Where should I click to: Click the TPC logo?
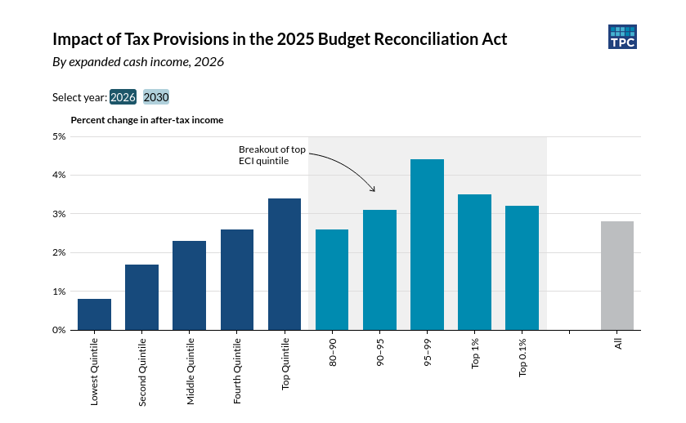click(x=622, y=37)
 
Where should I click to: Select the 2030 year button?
click(x=156, y=97)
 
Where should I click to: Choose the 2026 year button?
click(x=123, y=97)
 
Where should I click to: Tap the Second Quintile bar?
click(x=141, y=297)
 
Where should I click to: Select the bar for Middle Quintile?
click(x=189, y=286)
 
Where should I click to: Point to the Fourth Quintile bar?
click(x=237, y=280)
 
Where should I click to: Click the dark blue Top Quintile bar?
click(x=285, y=265)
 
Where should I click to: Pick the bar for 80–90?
click(x=332, y=280)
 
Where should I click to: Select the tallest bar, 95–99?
click(x=427, y=245)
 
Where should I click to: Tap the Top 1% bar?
click(x=474, y=262)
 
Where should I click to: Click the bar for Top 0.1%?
click(x=522, y=268)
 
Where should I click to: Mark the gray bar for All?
click(x=617, y=276)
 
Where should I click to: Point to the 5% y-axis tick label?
click(x=59, y=136)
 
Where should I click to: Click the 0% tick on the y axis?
click(x=59, y=330)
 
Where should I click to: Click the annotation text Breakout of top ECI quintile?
click(x=271, y=155)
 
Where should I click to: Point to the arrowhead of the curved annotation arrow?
click(x=374, y=191)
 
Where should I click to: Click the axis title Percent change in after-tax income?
click(x=147, y=120)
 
